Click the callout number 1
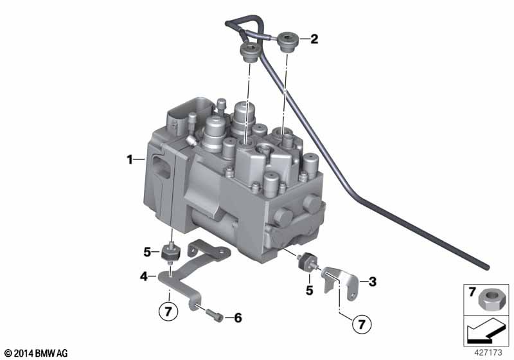130,159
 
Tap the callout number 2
314,39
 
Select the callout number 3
373,282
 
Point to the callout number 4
144,276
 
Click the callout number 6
238,318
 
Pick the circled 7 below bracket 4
168,311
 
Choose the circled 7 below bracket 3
362,324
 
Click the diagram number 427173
488,353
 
